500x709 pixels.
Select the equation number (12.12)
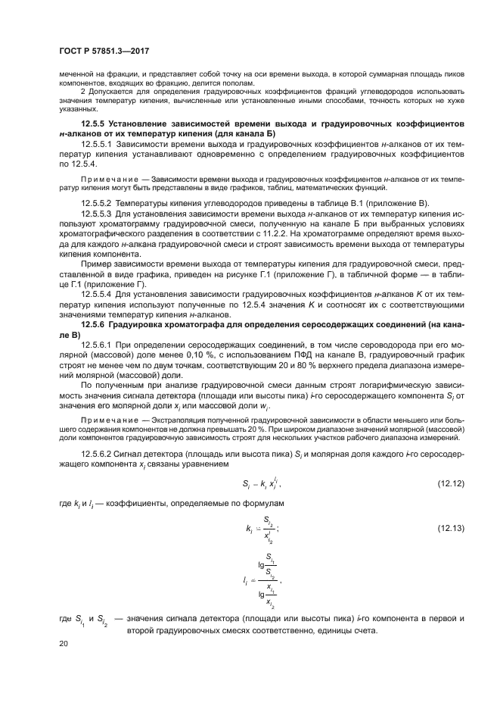pos(452,483)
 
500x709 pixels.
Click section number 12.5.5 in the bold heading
pos(95,123)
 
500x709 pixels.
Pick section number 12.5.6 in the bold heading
pos(95,323)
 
